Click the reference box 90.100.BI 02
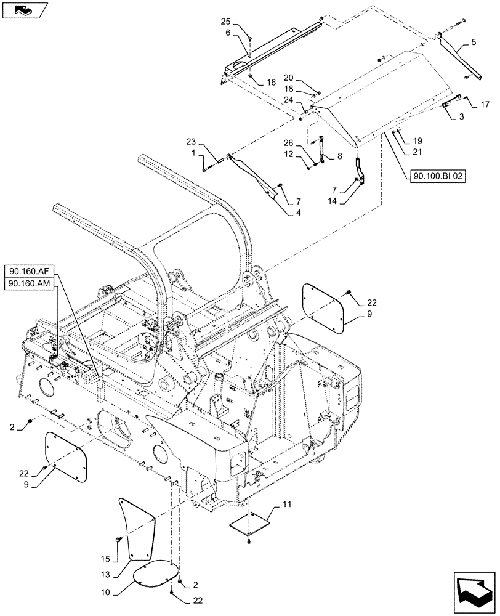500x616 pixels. tap(437, 176)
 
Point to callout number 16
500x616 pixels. tap(271, 82)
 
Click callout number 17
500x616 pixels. tap(485, 104)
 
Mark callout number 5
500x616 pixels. tap(474, 43)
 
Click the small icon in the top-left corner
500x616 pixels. tap(24, 9)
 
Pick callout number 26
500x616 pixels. tap(288, 143)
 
